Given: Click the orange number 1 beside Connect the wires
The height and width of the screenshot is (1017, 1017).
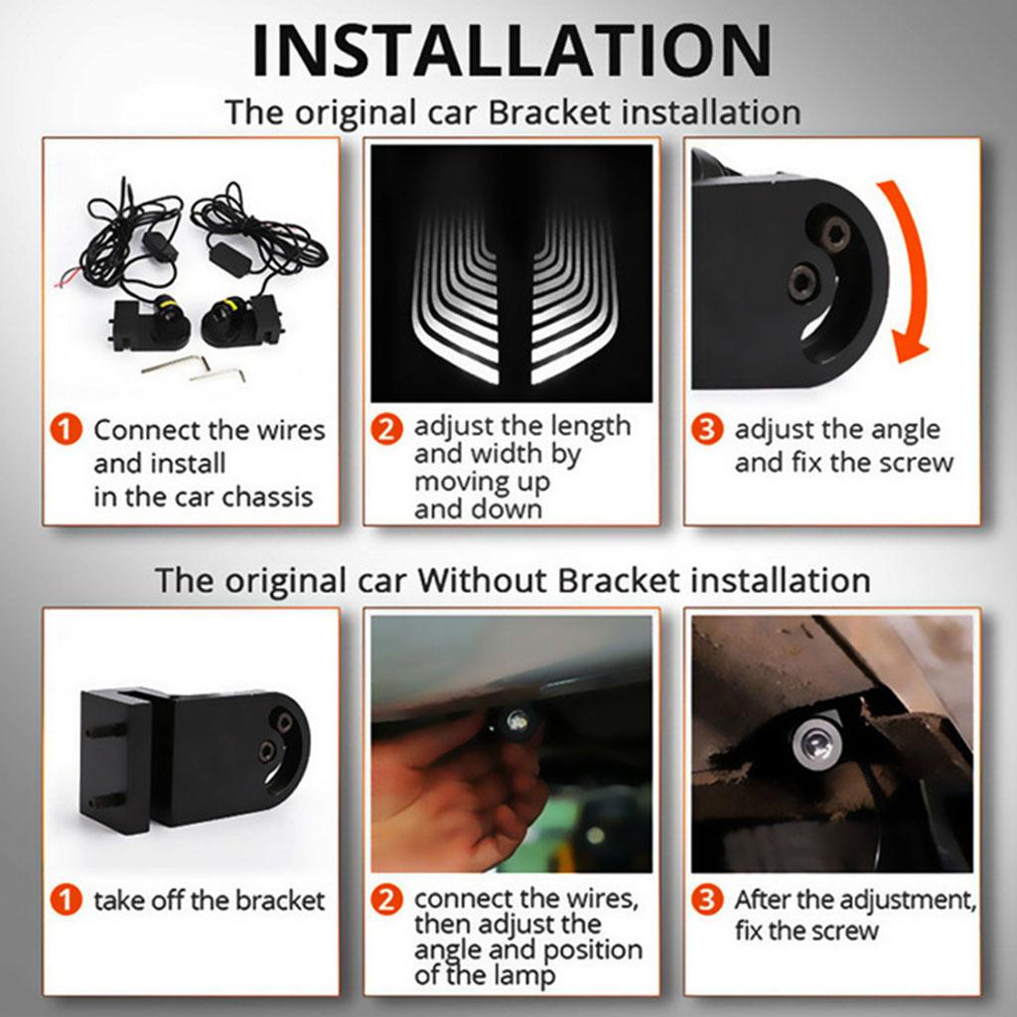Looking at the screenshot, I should point(66,431).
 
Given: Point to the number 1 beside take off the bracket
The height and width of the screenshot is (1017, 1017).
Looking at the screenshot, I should point(66,901).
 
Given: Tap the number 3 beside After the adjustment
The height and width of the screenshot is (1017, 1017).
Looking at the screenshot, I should point(706,901).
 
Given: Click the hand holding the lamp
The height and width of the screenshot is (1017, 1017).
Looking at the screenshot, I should point(447,795).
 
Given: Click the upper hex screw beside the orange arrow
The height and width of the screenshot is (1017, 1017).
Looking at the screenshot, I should point(833,234).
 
